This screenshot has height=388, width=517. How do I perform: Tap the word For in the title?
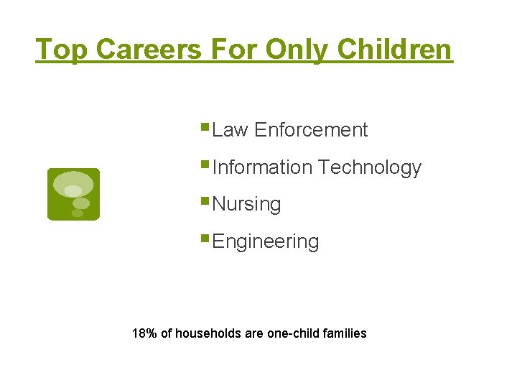click(235, 50)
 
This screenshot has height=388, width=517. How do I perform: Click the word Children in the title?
click(395, 50)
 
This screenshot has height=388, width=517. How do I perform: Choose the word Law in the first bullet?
click(230, 130)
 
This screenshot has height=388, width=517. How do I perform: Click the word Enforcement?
click(311, 130)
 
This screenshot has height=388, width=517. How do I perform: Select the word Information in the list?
click(263, 167)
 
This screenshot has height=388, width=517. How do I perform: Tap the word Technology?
click(370, 167)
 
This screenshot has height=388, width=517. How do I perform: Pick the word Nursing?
click(247, 205)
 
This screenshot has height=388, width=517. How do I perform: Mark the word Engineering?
click(266, 241)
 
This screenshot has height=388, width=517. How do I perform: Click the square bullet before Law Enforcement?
click(206, 127)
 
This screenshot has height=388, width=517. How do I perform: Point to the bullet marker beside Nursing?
click(206, 201)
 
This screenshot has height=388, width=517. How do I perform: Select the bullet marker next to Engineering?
click(206, 239)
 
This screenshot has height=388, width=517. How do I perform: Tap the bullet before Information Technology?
click(206, 165)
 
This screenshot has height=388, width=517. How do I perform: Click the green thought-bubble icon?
click(73, 194)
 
